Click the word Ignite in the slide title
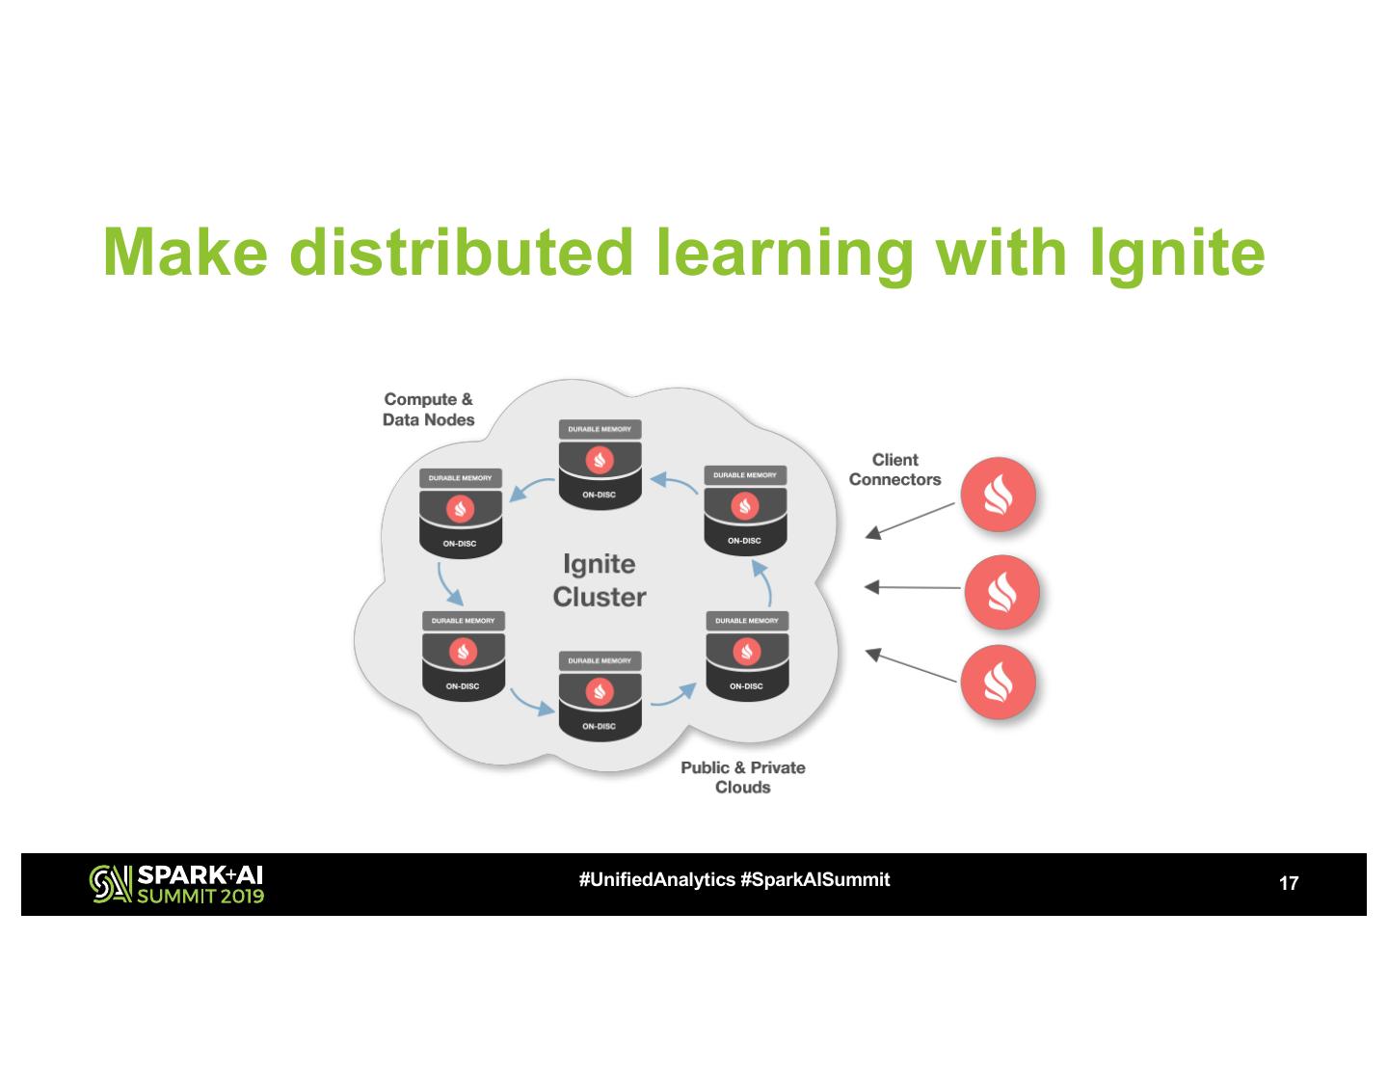click(x=1177, y=253)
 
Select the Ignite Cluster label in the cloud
click(x=599, y=579)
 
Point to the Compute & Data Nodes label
click(x=429, y=409)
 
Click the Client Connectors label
click(x=894, y=469)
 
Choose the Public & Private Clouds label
click(x=742, y=777)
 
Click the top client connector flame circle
click(x=997, y=495)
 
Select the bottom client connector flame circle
click(x=997, y=683)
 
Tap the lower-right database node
click(x=747, y=655)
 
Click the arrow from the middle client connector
click(x=913, y=586)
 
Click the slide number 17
click(x=1288, y=883)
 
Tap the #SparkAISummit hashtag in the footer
click(x=815, y=879)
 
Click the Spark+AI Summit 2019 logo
click(x=176, y=884)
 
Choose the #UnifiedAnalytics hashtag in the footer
click(x=656, y=879)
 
